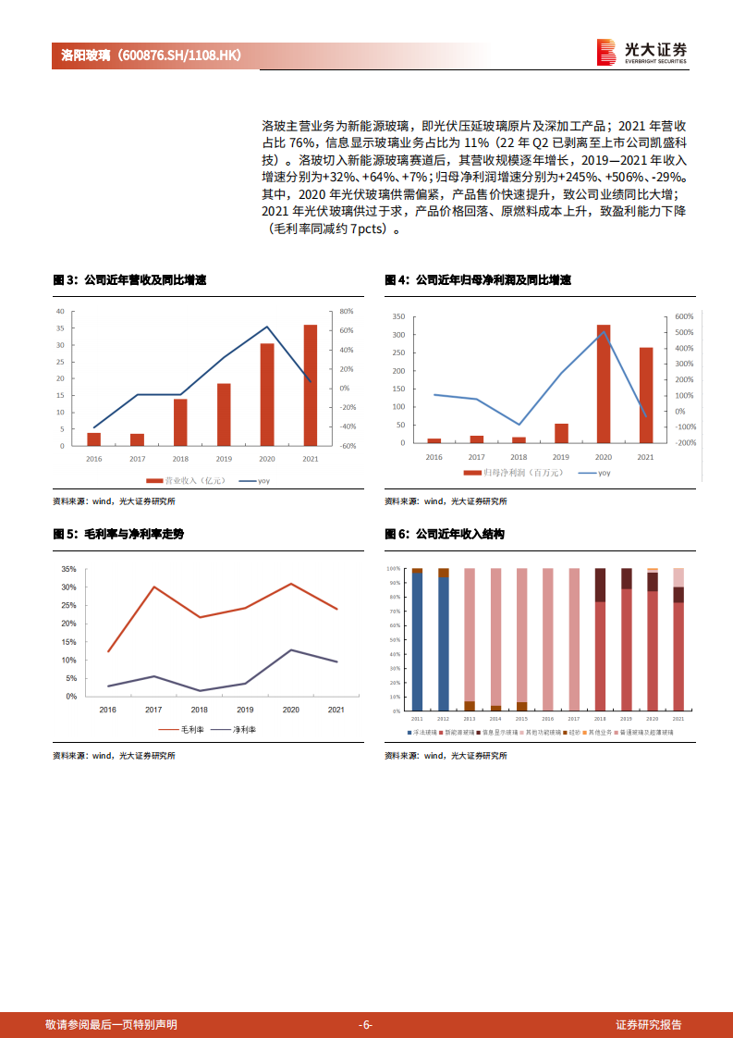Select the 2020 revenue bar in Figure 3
[x=266, y=394]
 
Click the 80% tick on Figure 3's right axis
[x=347, y=311]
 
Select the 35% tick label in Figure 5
[x=69, y=569]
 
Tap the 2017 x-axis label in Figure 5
[x=153, y=710]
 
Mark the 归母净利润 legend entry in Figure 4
[x=510, y=473]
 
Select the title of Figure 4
[x=478, y=279]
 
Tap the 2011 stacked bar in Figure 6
[x=417, y=639]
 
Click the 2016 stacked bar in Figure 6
[x=548, y=639]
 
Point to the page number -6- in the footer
[x=365, y=1024]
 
